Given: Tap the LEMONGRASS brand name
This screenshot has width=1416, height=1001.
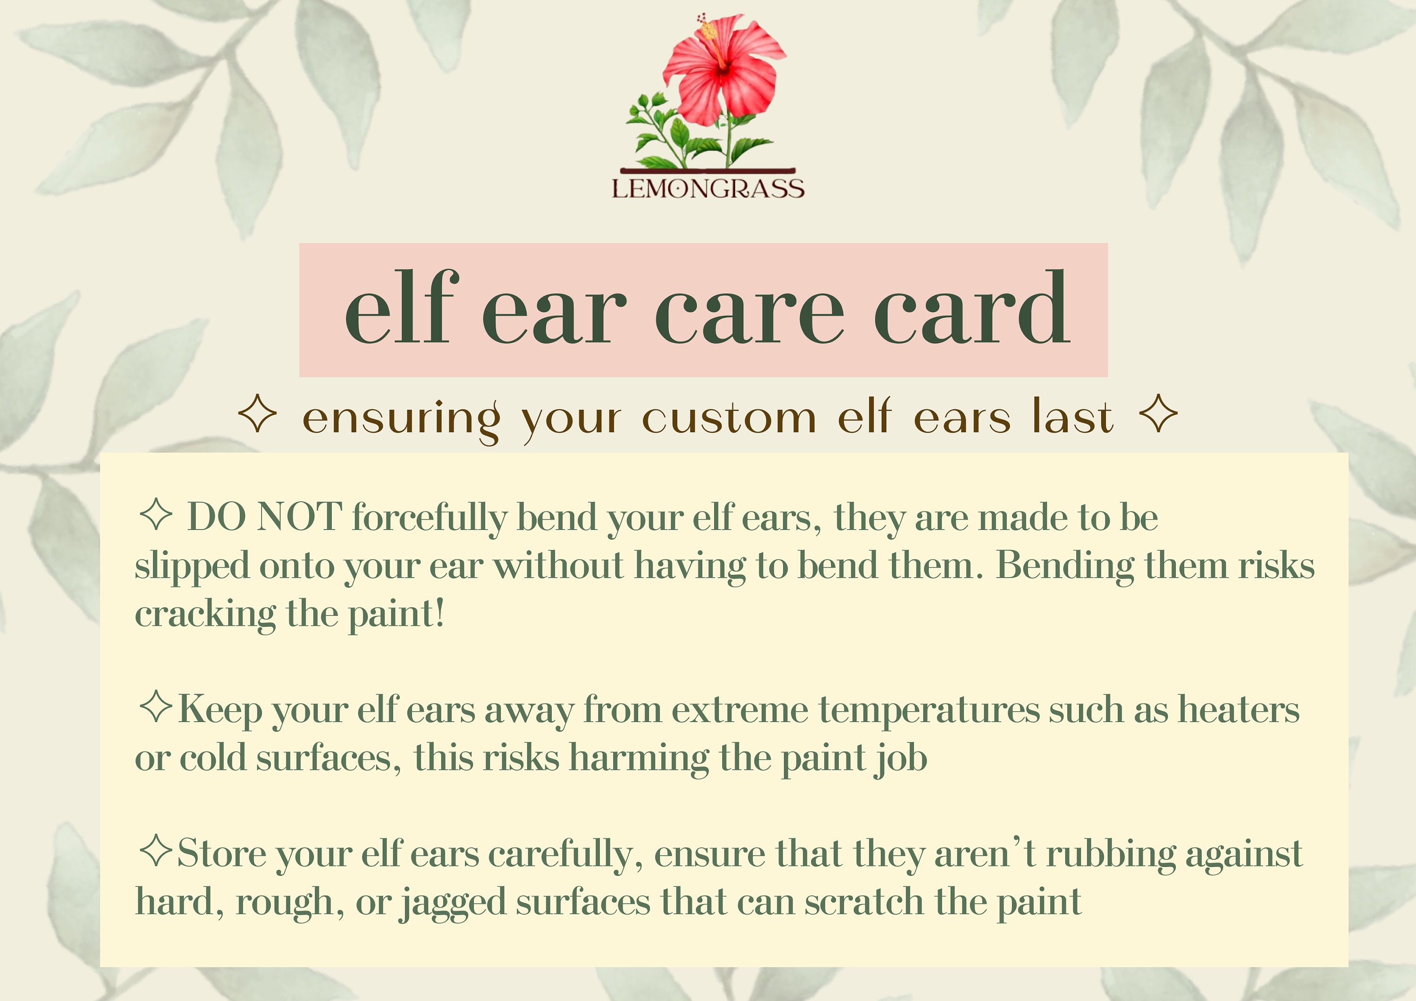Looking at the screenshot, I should [x=708, y=189].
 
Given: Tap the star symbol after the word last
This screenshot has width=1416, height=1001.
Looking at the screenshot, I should [x=1158, y=414].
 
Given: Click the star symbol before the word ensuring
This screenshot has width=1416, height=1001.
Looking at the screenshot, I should [x=257, y=414].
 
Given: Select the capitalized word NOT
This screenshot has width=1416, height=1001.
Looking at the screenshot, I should [x=299, y=517].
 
